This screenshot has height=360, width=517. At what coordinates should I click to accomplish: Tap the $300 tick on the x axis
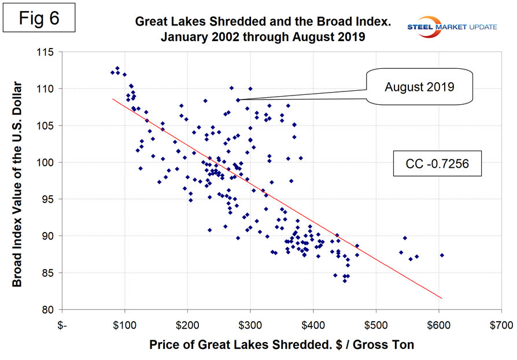pos(250,325)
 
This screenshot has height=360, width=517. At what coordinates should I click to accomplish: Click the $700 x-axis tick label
pos(500,325)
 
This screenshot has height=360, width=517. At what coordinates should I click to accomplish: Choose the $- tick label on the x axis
pos(62,325)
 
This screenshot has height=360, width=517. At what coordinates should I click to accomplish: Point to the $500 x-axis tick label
pos(375,325)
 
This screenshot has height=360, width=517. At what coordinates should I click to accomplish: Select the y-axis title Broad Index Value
pos(19,181)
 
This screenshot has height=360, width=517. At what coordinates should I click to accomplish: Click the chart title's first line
pos(263,22)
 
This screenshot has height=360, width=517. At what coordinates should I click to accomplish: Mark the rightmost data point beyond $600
pos(442,255)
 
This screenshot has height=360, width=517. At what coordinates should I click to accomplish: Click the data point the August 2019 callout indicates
pos(238,100)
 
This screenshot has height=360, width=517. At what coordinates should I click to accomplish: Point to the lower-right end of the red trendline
pos(441,298)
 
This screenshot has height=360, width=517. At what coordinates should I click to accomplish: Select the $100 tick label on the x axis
pos(125,325)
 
